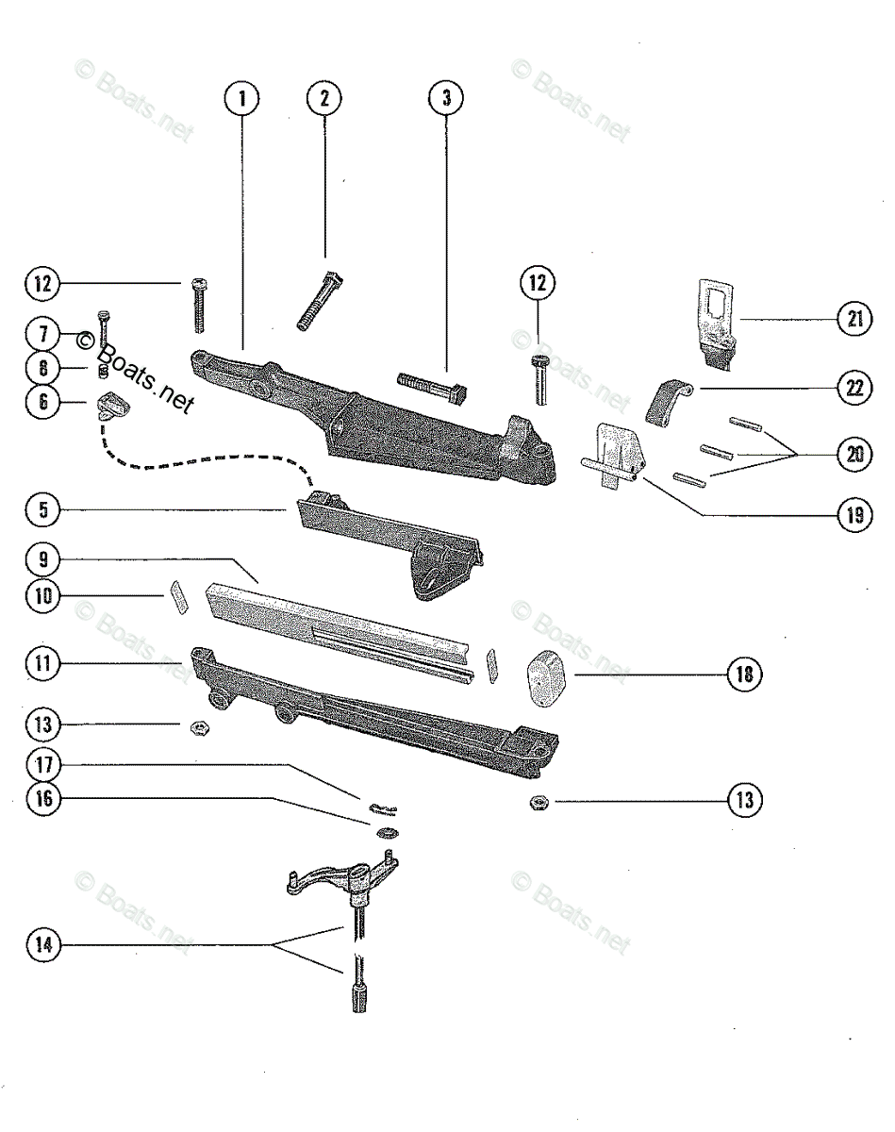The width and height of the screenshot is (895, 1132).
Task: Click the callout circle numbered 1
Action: [242, 98]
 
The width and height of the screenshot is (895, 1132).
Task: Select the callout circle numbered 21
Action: [854, 320]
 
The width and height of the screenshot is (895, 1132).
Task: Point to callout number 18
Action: [744, 674]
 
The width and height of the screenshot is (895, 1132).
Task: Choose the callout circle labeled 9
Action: [43, 559]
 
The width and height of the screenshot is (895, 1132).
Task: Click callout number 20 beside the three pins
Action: [854, 454]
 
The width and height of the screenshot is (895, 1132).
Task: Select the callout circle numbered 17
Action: [43, 763]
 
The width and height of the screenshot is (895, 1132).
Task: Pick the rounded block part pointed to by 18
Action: [545, 676]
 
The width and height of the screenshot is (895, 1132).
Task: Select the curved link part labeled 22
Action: [667, 400]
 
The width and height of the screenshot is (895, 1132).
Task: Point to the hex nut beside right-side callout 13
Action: [539, 802]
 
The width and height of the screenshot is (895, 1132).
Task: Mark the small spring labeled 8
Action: [105, 368]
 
